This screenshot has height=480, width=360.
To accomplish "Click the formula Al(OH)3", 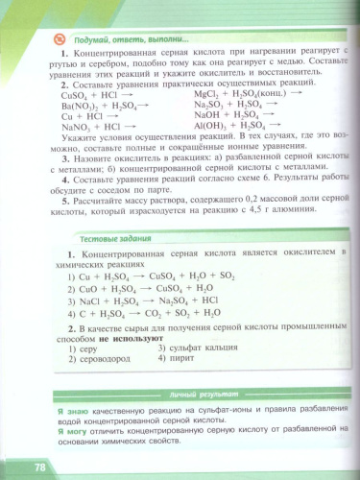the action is (x=209, y=125).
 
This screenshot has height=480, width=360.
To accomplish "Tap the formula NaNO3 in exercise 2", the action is (x=73, y=126).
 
